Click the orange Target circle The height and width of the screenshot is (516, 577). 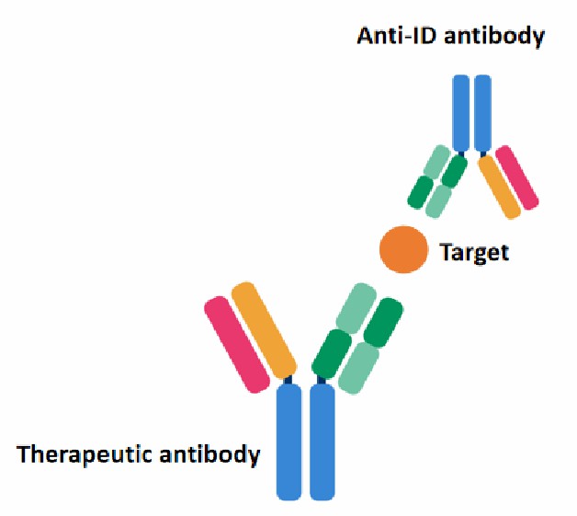pos(403,249)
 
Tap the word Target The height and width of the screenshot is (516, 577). pos(474,251)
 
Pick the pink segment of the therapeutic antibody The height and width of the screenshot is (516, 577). pos(233,345)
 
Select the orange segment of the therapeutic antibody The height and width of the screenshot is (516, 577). pos(264,331)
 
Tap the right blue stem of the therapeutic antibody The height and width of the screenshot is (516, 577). pos(322,441)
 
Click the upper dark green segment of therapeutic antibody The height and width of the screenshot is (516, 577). pos(383,319)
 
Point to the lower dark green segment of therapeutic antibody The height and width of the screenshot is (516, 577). pos(332,354)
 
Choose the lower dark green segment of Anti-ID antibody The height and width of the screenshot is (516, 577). pos(422,191)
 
